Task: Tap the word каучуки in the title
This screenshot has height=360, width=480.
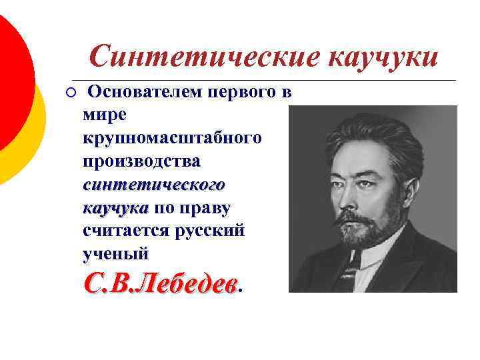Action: (383, 57)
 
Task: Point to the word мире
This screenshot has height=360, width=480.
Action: (104, 115)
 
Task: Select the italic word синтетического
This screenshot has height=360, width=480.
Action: (154, 185)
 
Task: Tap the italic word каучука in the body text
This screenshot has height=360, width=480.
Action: (115, 208)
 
